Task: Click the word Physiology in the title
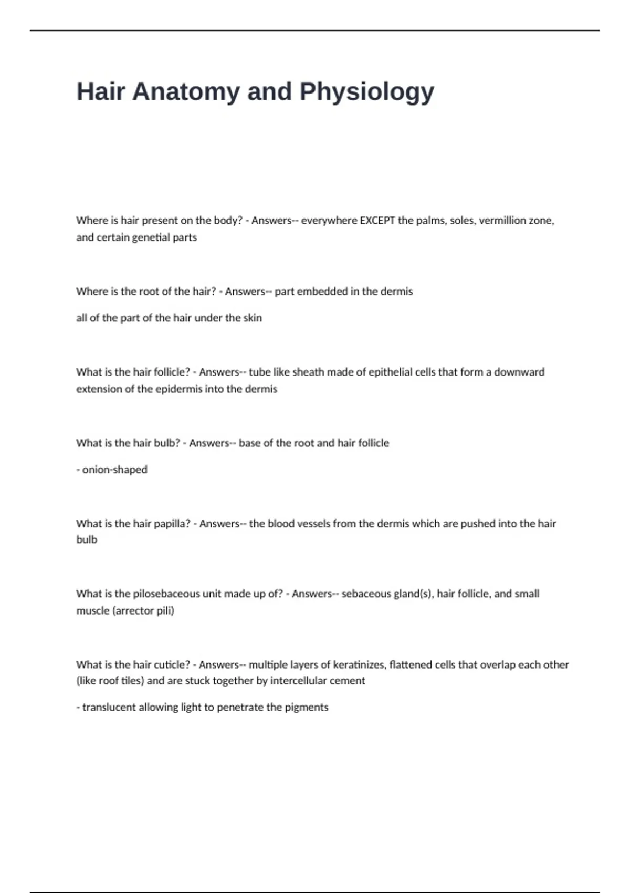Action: (x=367, y=92)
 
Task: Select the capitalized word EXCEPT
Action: (x=377, y=221)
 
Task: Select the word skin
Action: (x=253, y=318)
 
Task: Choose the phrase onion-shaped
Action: (x=114, y=470)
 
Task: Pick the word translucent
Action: (x=109, y=708)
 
